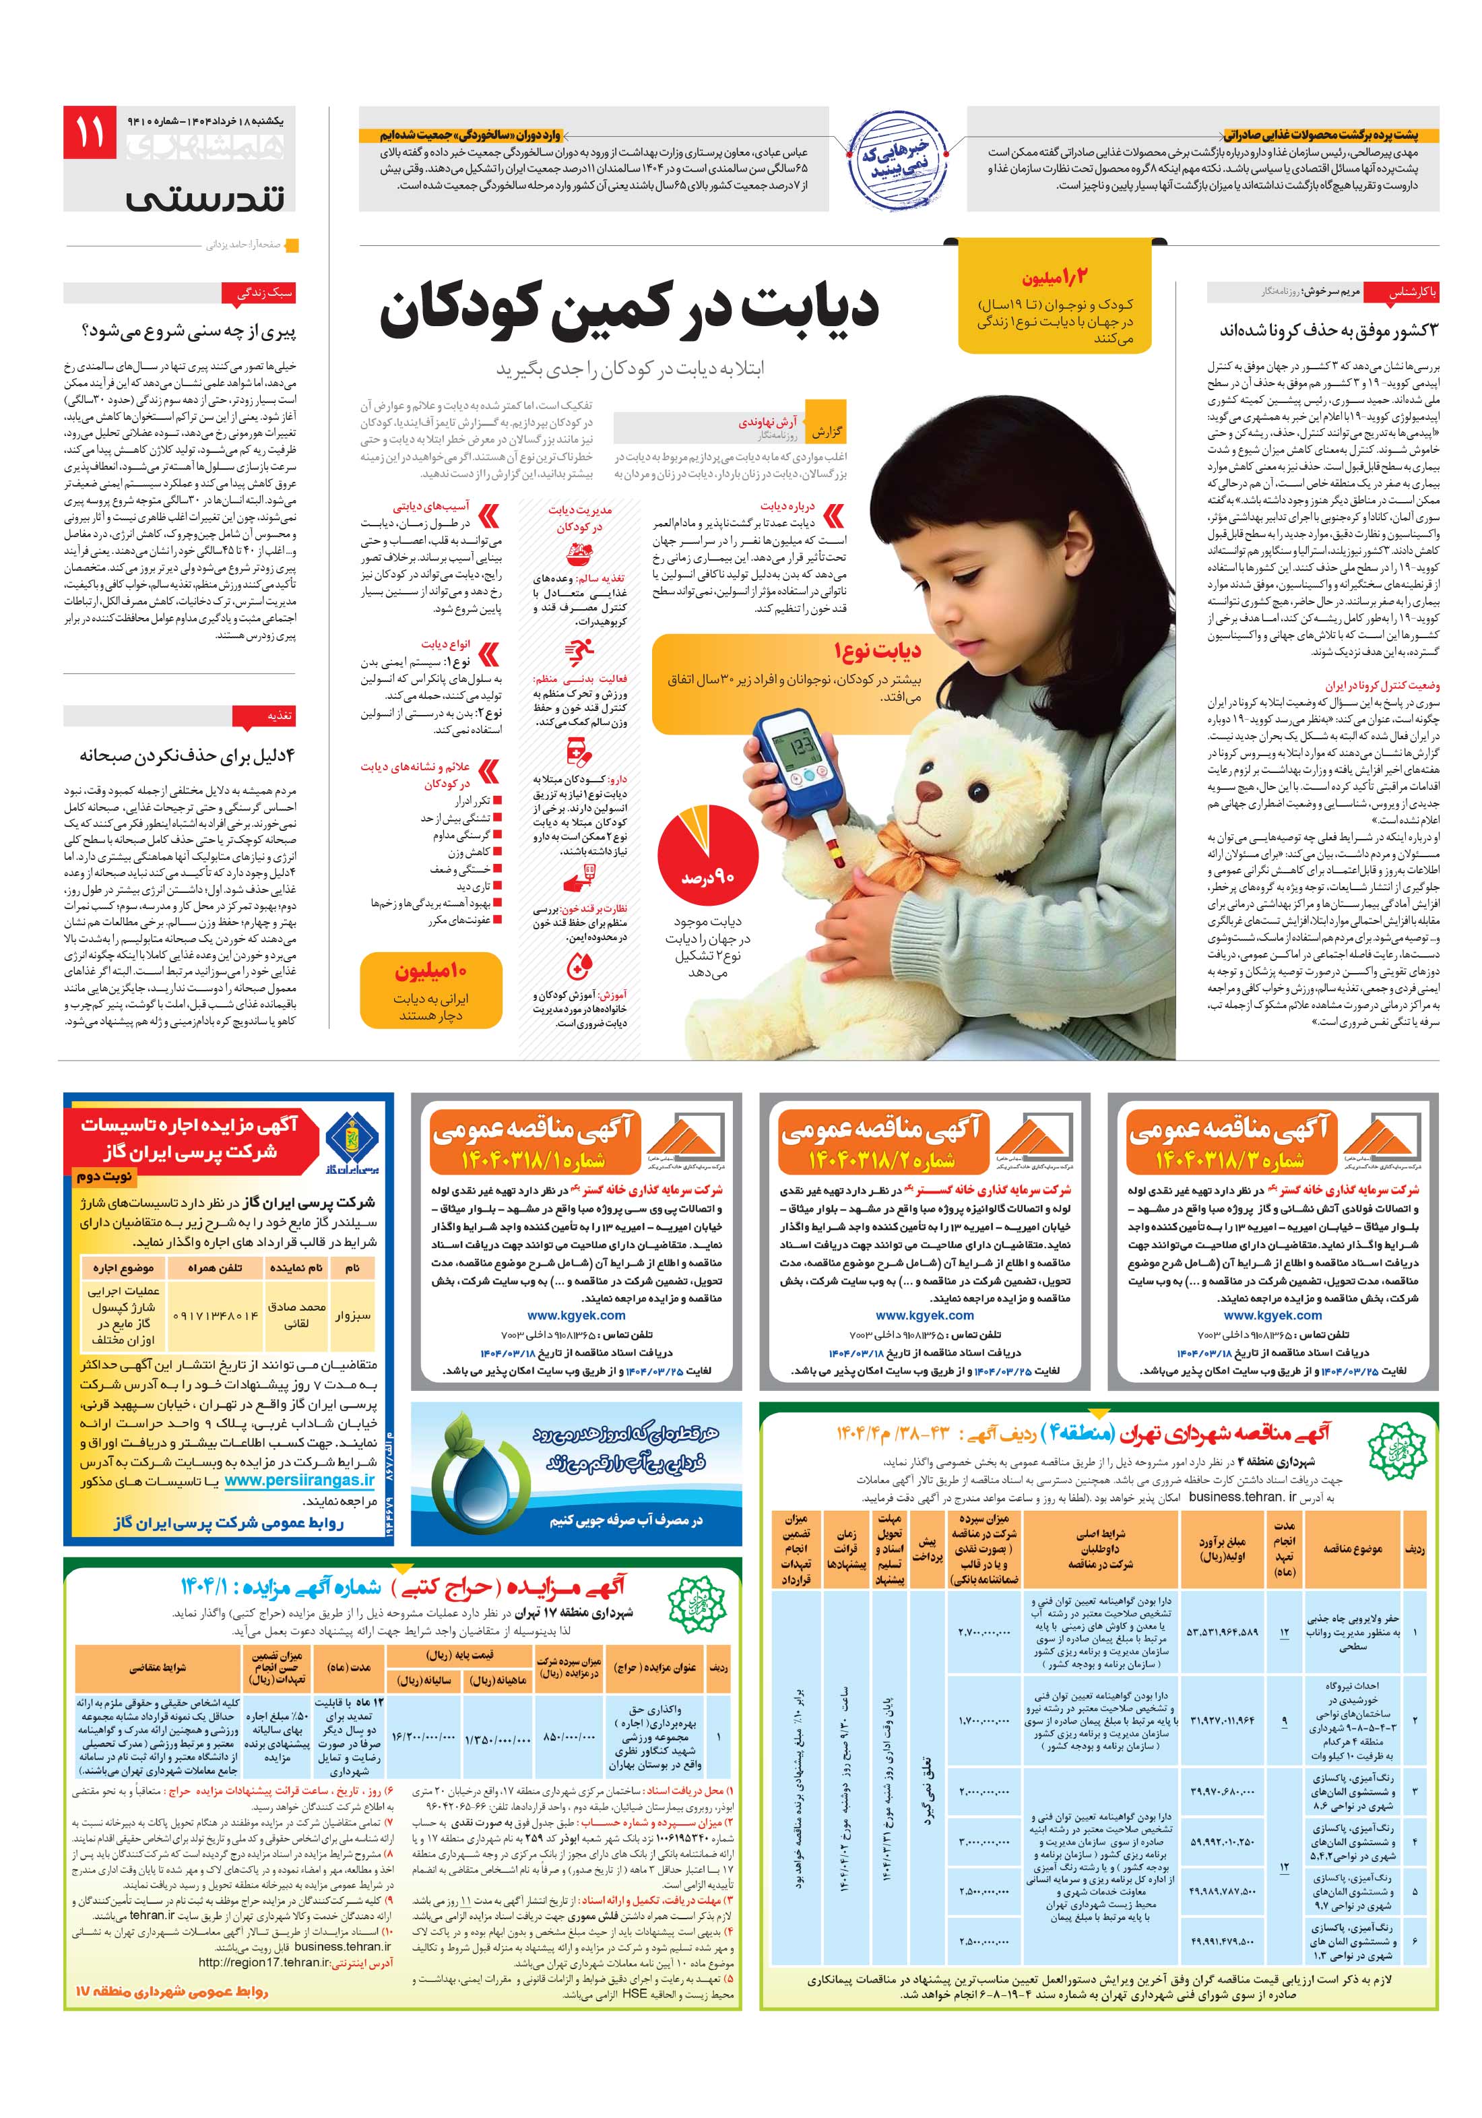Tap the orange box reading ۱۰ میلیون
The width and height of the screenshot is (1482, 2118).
(430, 990)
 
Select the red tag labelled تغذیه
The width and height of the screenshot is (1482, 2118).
(278, 716)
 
